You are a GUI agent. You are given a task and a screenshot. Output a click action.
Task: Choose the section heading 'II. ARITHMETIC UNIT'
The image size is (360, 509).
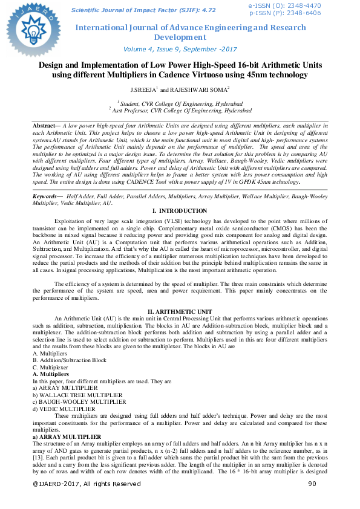click(x=180, y=311)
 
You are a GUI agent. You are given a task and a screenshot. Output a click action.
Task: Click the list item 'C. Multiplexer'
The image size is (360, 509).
click(x=51, y=367)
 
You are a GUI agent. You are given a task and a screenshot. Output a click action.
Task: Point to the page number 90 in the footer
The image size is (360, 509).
click(x=312, y=484)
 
